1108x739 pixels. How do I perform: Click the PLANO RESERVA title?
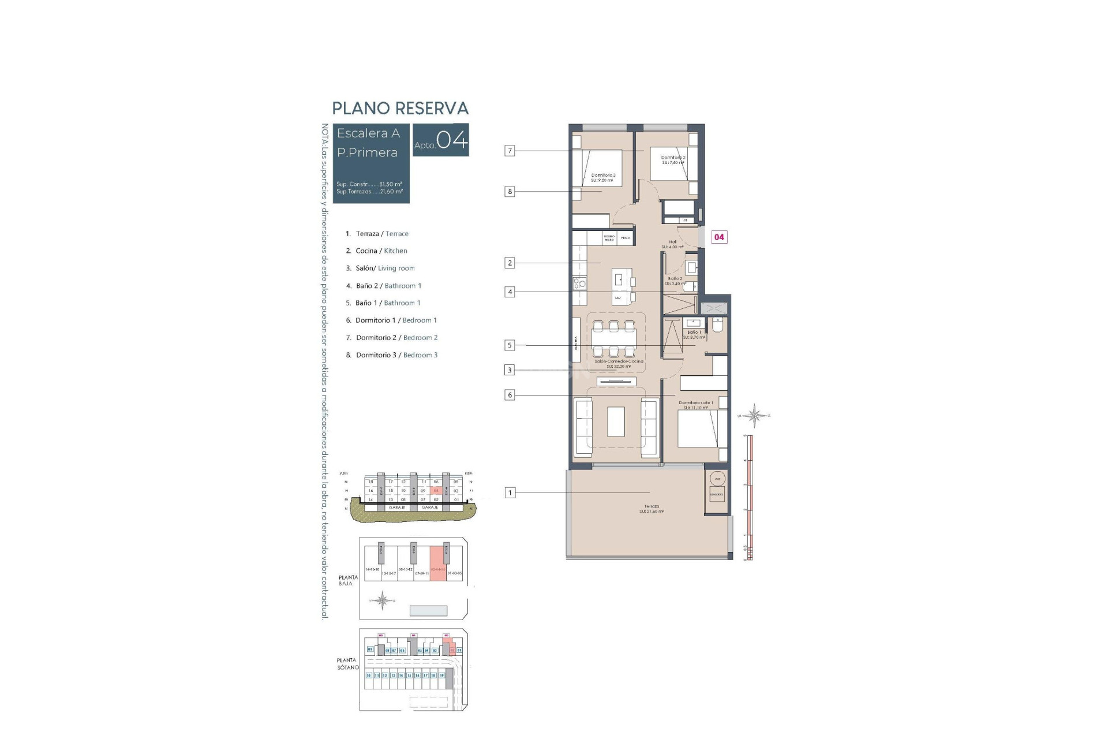(400, 109)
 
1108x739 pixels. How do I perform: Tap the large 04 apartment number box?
(441, 140)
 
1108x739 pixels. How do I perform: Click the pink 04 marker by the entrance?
(719, 237)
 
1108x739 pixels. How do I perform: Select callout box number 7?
(510, 151)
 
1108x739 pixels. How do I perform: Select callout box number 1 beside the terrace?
(510, 493)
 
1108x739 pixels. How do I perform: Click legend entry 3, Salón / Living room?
(380, 268)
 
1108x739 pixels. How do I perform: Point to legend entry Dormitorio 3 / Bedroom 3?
(392, 355)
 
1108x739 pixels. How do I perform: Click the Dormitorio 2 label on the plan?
(673, 158)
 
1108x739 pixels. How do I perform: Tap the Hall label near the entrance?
(673, 242)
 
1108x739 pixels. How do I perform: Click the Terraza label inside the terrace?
(652, 507)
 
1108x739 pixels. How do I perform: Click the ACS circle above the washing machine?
(717, 479)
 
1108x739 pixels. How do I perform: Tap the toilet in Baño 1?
(718, 326)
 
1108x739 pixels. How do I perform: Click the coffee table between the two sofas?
(616, 422)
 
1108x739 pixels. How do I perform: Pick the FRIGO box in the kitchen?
(626, 237)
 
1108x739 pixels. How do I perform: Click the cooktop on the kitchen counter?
(579, 283)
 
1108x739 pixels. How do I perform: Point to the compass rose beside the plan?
(754, 415)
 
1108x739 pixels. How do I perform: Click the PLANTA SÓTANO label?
(347, 664)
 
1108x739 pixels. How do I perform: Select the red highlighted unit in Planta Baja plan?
(438, 564)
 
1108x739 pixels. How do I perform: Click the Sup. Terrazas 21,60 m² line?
(369, 192)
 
